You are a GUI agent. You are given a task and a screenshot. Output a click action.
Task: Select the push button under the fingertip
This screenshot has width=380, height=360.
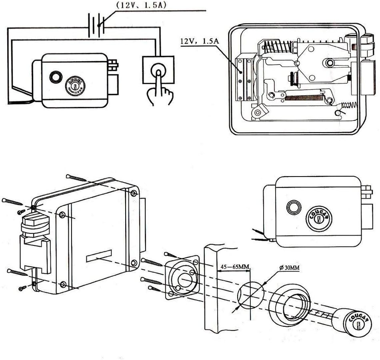click(158, 70)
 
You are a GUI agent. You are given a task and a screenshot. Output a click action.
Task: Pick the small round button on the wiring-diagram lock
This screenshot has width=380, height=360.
click(54, 77)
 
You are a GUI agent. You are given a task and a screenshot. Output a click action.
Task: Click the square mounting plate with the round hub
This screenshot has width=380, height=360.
click(182, 278)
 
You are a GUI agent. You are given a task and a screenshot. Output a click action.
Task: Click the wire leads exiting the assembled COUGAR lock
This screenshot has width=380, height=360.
click(260, 235)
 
